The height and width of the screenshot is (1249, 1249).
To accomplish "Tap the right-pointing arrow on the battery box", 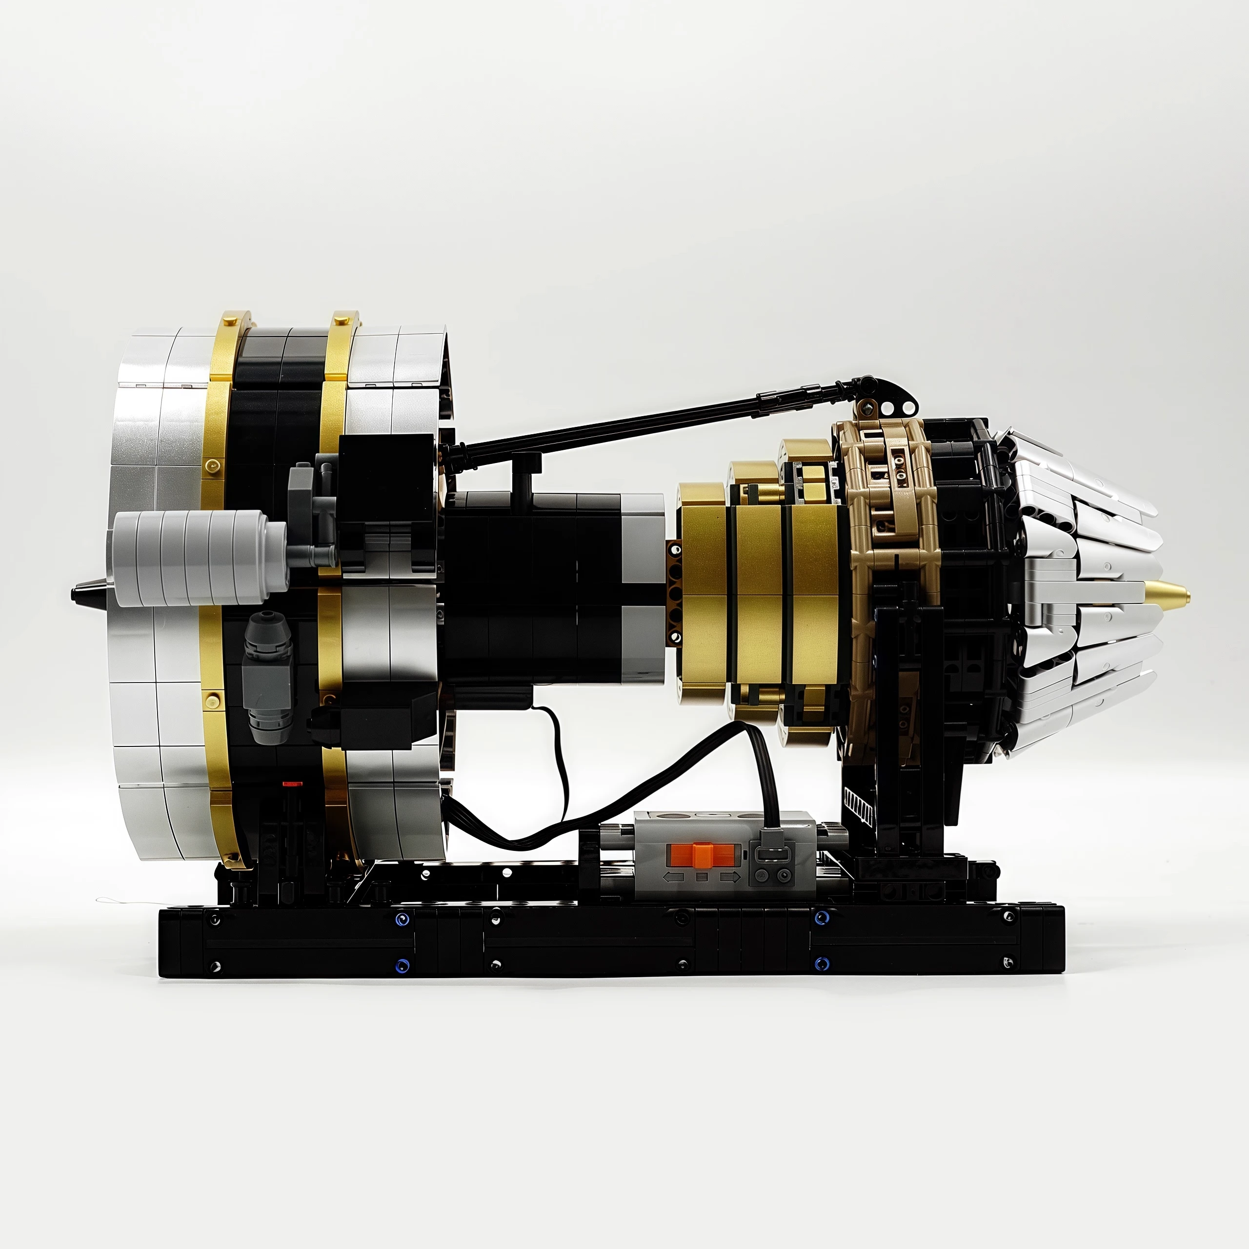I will (x=730, y=877).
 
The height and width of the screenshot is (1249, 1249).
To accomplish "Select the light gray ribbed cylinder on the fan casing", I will (x=194, y=557).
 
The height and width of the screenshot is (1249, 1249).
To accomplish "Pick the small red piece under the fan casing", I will (x=292, y=784).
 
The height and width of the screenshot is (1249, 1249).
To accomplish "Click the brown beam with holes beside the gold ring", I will (x=674, y=591).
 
